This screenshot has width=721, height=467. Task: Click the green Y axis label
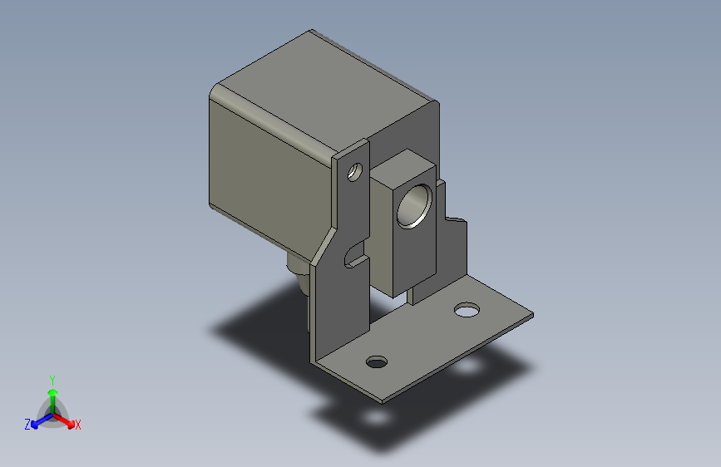[x=52, y=379]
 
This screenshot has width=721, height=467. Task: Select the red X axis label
[x=77, y=425]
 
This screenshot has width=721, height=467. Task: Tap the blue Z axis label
[x=27, y=424]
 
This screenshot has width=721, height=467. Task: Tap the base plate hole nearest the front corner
[x=377, y=362]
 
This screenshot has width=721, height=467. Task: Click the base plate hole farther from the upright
[x=467, y=311]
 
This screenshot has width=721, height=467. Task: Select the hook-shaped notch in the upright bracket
[x=356, y=254]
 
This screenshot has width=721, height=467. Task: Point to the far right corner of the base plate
[x=531, y=315]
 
